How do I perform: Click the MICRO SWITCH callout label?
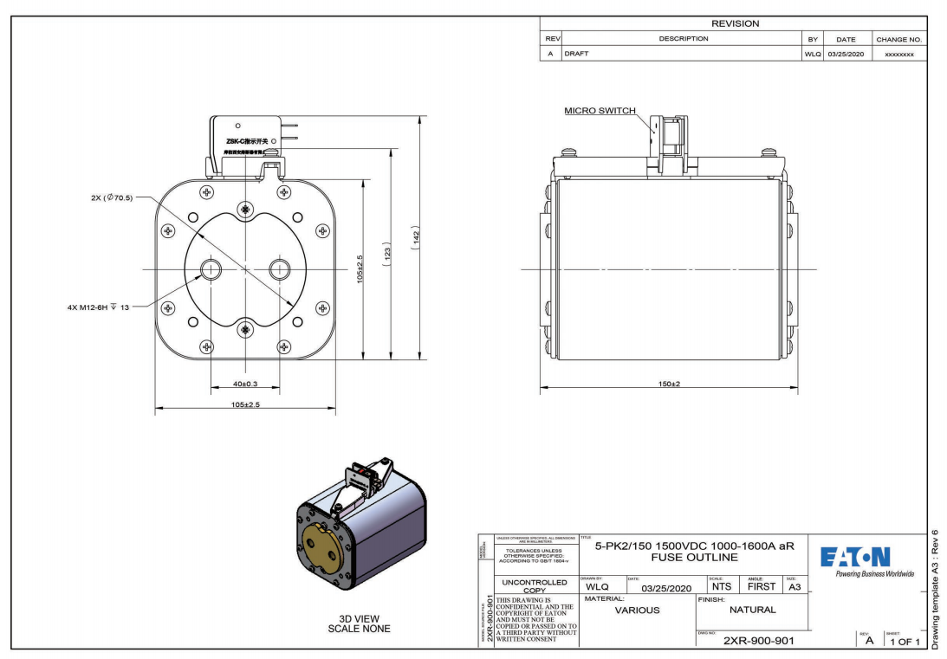(600, 111)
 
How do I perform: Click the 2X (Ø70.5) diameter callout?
(109, 197)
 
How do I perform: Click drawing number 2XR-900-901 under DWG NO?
(758, 640)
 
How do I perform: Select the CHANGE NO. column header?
(898, 39)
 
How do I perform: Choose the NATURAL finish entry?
(753, 610)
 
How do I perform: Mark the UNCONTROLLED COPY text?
(534, 586)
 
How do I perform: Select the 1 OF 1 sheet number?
(900, 641)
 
